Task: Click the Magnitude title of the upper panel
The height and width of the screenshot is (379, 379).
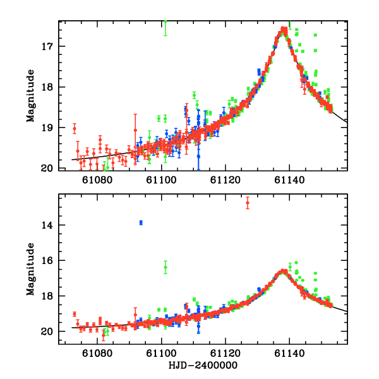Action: pos(30,96)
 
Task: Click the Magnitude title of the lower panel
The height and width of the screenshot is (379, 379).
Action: pos(30,270)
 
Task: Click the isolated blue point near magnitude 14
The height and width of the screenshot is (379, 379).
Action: pos(141,222)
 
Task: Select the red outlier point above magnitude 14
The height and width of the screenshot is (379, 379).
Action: pos(248,203)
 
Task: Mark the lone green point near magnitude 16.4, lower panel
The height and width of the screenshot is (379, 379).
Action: pos(165,268)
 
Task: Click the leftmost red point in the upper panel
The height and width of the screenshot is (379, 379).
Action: pos(75,129)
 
